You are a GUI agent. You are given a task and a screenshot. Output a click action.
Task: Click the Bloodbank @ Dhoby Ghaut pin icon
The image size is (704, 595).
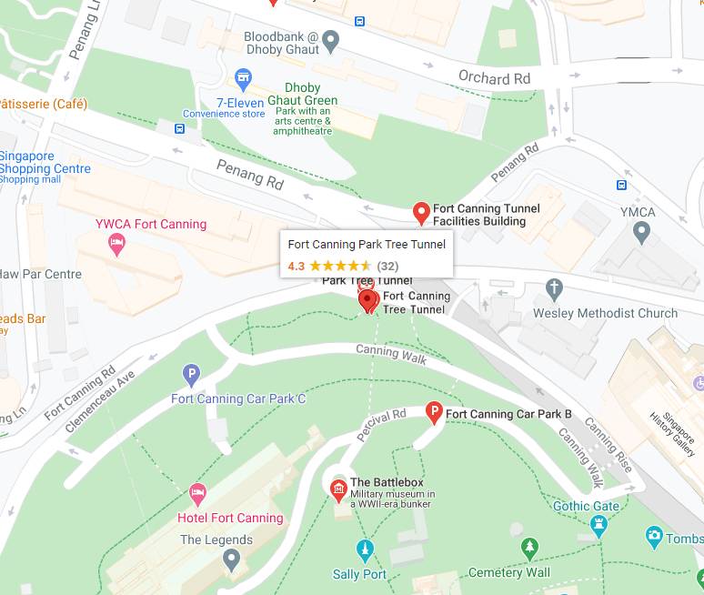tap(331, 39)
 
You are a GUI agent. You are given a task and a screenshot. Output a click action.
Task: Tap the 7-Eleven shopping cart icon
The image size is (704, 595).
tap(243, 77)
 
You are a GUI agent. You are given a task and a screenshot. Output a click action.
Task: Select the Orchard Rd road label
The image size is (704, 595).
tap(494, 78)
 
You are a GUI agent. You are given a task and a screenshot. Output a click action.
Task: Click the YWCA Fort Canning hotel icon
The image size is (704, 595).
tap(116, 242)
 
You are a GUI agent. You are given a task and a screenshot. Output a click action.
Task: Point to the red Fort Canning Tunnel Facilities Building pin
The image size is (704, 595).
tap(420, 213)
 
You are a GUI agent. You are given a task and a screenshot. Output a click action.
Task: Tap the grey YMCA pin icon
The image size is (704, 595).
tap(642, 233)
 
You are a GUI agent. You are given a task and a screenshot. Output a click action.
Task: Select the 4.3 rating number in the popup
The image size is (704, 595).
tap(296, 266)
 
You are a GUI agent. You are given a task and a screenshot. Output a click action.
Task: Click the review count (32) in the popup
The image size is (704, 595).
tap(387, 266)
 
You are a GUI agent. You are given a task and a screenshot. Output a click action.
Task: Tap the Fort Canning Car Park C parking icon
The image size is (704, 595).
tap(191, 374)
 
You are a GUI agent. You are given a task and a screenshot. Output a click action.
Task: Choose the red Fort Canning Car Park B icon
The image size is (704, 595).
tap(434, 413)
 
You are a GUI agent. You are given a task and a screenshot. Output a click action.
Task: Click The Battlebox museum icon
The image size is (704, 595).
tap(338, 490)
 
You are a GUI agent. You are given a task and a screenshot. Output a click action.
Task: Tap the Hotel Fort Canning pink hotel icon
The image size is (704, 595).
tap(197, 495)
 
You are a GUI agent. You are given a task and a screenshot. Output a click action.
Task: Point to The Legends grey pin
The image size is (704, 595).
tap(231, 560)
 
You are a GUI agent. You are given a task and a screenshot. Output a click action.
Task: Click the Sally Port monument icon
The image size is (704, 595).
tap(365, 550)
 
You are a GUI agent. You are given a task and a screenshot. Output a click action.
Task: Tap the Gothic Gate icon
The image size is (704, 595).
tap(598, 525)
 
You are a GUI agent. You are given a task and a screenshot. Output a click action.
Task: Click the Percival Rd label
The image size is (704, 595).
tap(381, 426)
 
